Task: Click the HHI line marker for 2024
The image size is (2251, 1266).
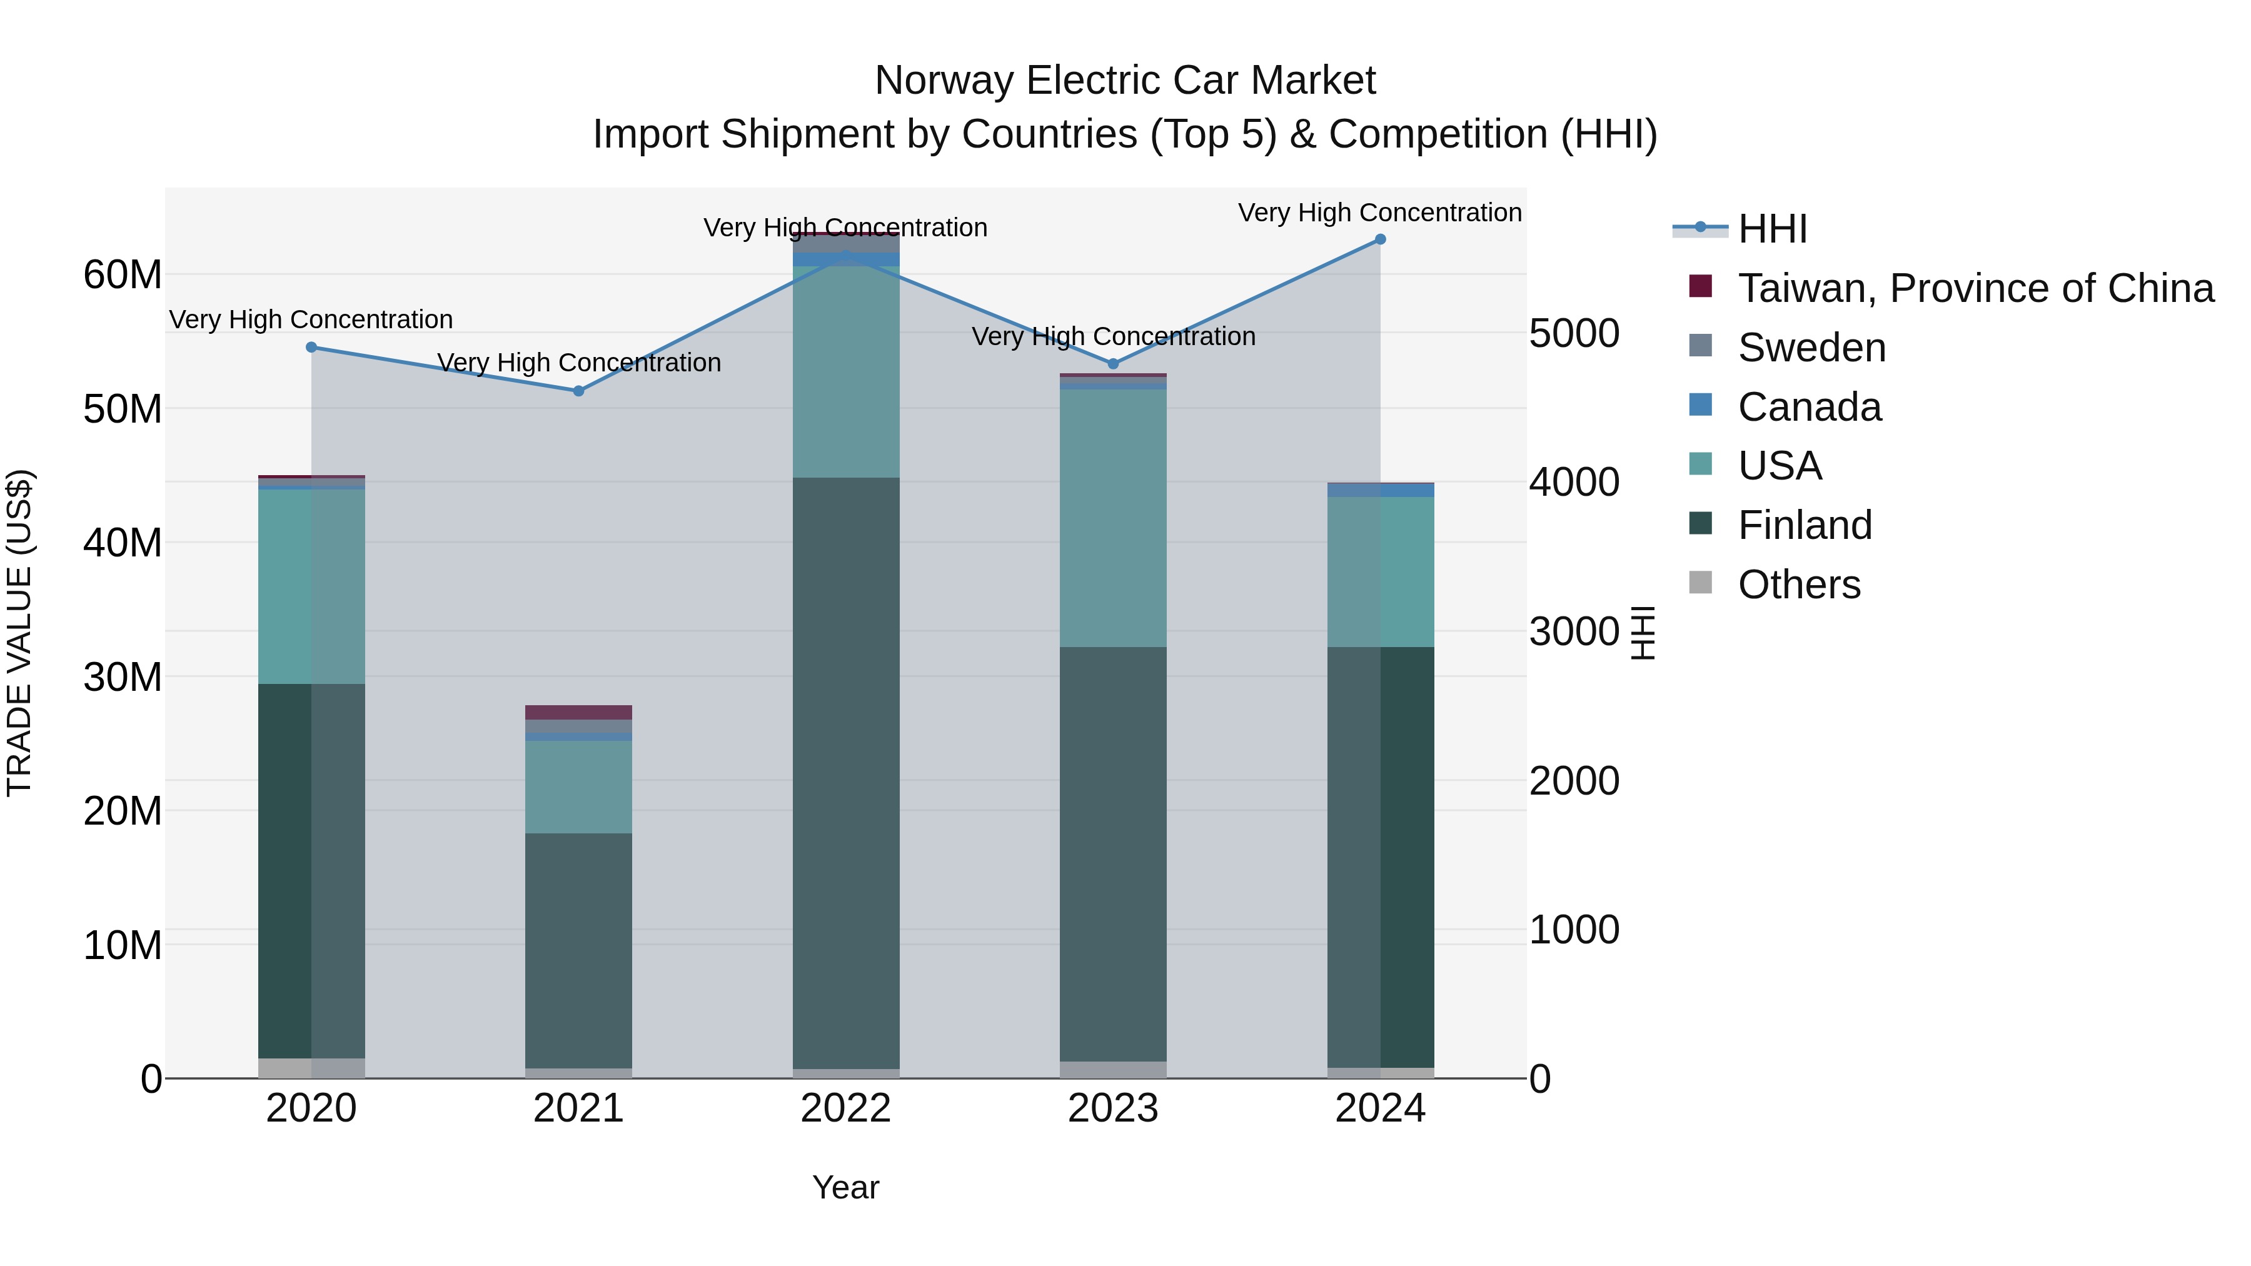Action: click(x=1380, y=239)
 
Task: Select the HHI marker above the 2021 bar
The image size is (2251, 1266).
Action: click(x=578, y=391)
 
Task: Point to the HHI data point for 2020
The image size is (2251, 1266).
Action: click(x=311, y=347)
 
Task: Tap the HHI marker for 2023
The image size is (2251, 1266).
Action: click(x=1113, y=363)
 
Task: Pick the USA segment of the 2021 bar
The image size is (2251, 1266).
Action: click(x=578, y=786)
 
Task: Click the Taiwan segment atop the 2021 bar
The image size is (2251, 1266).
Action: click(x=578, y=712)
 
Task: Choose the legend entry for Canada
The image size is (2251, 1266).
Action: click(x=1809, y=407)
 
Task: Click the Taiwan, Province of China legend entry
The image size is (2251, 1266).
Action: click(x=1975, y=288)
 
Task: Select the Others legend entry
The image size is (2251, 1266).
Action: click(x=1798, y=585)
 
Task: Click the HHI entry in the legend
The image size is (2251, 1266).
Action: click(x=1772, y=229)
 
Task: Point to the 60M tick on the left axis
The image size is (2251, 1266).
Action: click(x=123, y=275)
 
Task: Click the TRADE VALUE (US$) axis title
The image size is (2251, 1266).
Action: click(x=19, y=633)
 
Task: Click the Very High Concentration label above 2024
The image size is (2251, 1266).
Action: click(x=1380, y=213)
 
